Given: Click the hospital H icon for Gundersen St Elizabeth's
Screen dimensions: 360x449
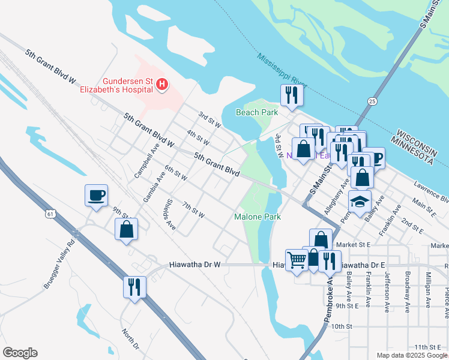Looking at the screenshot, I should (x=161, y=86).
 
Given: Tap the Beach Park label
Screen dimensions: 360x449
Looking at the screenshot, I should (x=256, y=112).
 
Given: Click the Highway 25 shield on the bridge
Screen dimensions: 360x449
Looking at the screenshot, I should (x=373, y=101).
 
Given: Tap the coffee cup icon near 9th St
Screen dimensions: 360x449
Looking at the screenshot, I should (x=97, y=196).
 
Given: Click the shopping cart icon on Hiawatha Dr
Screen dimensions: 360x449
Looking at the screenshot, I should (x=297, y=260).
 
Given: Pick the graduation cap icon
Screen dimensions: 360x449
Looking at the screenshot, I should (x=360, y=202).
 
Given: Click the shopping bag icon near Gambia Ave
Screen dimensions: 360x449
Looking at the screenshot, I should (x=126, y=229).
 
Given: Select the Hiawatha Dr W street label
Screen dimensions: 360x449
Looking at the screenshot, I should (x=195, y=265).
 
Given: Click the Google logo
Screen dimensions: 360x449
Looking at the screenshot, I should (x=20, y=353).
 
